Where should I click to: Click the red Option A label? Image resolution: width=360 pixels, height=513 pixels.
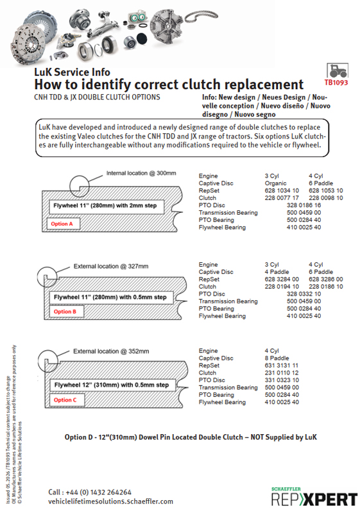point(62,224)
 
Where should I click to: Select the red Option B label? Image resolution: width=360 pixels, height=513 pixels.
point(65,312)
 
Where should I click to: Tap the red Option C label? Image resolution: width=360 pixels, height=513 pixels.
point(65,399)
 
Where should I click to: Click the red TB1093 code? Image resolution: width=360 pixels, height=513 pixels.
point(336,83)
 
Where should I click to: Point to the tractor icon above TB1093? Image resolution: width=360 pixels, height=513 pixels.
point(338,71)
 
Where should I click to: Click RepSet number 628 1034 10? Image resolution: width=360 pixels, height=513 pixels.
point(282,190)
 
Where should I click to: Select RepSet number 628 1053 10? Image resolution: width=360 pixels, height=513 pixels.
point(325,190)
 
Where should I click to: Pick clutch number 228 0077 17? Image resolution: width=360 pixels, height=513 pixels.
point(282,198)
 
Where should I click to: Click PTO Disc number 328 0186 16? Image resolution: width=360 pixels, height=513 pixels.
point(304,205)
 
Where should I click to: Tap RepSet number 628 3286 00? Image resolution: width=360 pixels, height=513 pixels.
point(325,279)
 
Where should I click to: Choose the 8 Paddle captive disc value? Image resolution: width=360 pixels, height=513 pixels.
point(277,358)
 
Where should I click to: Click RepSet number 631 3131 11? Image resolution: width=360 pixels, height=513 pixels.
point(282,366)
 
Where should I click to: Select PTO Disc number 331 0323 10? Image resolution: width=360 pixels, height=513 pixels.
point(282,380)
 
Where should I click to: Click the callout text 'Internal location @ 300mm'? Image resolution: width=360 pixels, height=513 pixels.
point(141,173)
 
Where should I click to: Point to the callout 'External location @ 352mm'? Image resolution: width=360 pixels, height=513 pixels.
point(111,351)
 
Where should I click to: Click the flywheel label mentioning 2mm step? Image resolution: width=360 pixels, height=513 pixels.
point(105,205)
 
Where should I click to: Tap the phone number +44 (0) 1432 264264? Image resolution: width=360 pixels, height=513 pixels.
point(99,492)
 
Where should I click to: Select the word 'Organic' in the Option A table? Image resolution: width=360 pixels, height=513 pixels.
point(275,183)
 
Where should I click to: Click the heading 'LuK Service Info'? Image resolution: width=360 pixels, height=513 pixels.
point(72,72)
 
